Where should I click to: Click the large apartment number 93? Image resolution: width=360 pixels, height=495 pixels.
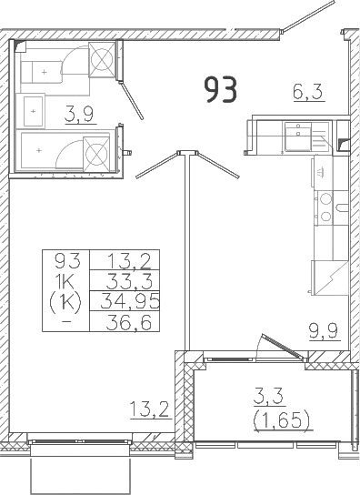pos(221,90)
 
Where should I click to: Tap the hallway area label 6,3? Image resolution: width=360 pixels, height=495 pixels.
pos(307,92)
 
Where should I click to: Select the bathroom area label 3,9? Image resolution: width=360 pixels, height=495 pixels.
pos(79,114)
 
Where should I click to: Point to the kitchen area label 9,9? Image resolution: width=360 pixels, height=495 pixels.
pos(324,330)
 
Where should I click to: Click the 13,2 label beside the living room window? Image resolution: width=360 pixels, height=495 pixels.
pos(150,409)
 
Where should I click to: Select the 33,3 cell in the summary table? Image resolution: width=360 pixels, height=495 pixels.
pos(125,281)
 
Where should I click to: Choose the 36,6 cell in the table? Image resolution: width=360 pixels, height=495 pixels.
pos(125,322)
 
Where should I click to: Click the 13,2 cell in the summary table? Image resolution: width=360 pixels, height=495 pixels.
pos(125,260)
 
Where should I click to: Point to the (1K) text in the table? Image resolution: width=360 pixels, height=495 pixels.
pos(65,302)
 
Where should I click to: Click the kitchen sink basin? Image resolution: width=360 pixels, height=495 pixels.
pos(297,137)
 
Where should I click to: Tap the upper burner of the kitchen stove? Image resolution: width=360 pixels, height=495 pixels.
pos(325,198)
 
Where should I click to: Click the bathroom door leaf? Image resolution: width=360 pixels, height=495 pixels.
pos(131,100)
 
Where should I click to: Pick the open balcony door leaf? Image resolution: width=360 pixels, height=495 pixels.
pos(283,347)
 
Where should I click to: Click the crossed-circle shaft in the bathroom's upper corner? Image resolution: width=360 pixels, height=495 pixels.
pos(102,59)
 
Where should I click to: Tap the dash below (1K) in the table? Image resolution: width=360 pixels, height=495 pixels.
pos(66,322)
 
